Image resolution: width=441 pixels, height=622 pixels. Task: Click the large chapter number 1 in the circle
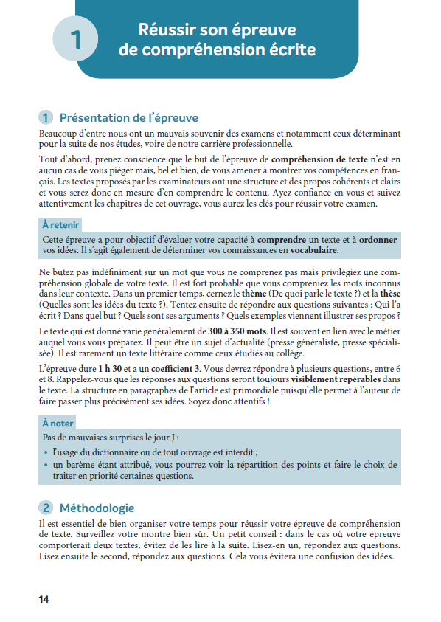75,41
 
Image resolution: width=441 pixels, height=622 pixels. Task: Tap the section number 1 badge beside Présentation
46,118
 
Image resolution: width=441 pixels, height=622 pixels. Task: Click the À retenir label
60,225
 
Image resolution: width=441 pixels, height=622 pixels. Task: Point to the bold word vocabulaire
308,251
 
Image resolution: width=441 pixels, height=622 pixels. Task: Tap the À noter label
58,424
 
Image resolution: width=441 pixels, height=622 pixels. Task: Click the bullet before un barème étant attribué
46,466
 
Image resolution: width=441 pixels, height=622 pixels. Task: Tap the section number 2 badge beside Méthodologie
46,508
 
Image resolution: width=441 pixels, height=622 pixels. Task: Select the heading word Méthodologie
97,508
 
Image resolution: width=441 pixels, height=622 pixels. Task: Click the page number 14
44,599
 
